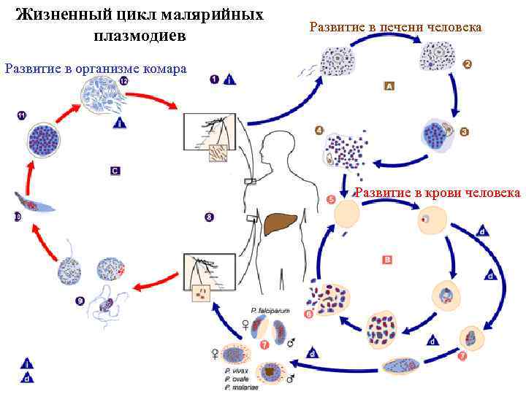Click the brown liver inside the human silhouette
pos(281,223)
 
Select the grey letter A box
pos(389,86)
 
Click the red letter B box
pos(387,258)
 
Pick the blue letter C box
pos(115,170)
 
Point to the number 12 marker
pos(123,82)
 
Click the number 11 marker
pos(21,115)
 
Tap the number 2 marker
pos(468,64)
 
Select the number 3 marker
pos(464,132)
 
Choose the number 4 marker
pos(319,131)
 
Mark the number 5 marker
pos(331,198)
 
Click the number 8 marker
pos(209,217)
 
